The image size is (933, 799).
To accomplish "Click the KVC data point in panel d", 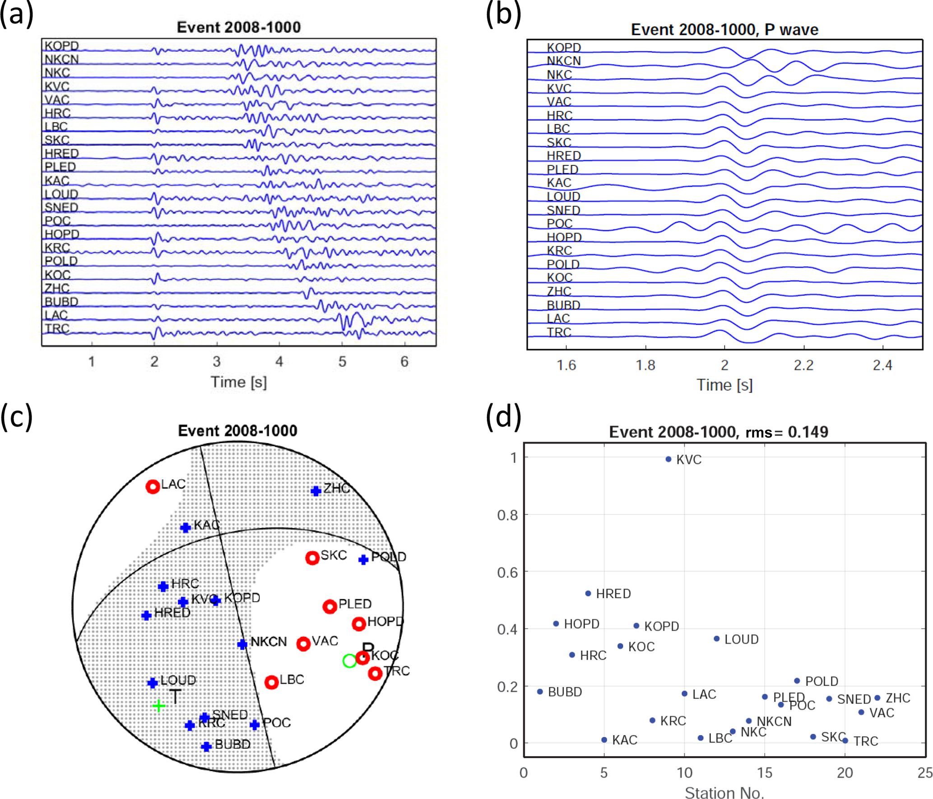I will point(668,459).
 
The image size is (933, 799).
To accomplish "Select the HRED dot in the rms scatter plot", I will point(588,593).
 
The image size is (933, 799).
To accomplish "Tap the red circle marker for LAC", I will point(153,486).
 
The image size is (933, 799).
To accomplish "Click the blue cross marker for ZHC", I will point(316,491).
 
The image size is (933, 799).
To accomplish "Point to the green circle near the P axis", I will point(349,661).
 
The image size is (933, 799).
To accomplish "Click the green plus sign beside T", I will point(158,705).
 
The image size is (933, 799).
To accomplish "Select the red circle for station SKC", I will point(312,558).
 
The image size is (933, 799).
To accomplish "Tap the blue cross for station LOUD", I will point(153,682).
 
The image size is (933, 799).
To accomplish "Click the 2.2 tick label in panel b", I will point(803,365).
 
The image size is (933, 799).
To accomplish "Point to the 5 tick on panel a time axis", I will point(342,361).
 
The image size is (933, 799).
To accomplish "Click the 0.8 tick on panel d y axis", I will point(507,515).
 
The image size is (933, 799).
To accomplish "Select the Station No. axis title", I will point(724,793).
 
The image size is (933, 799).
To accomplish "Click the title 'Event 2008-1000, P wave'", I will point(724,29).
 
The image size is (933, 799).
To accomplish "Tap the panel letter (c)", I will point(16,416).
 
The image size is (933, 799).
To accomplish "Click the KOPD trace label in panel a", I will point(61,46).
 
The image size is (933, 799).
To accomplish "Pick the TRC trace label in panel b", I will point(559,332).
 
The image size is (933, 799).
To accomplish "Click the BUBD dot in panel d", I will point(540,692).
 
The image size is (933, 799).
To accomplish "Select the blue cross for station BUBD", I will point(206,747).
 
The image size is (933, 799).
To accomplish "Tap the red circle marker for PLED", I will point(330,606).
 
